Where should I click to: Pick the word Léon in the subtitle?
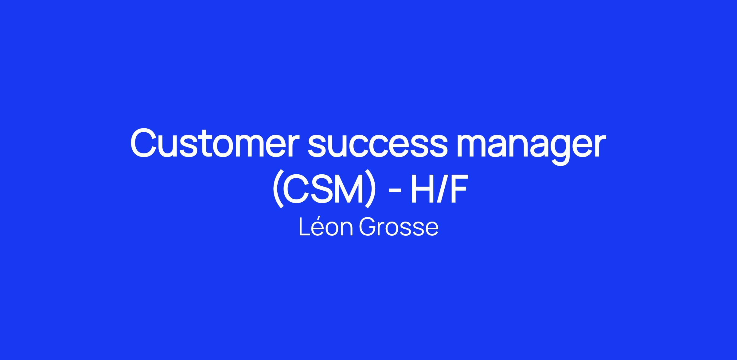(x=326, y=227)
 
